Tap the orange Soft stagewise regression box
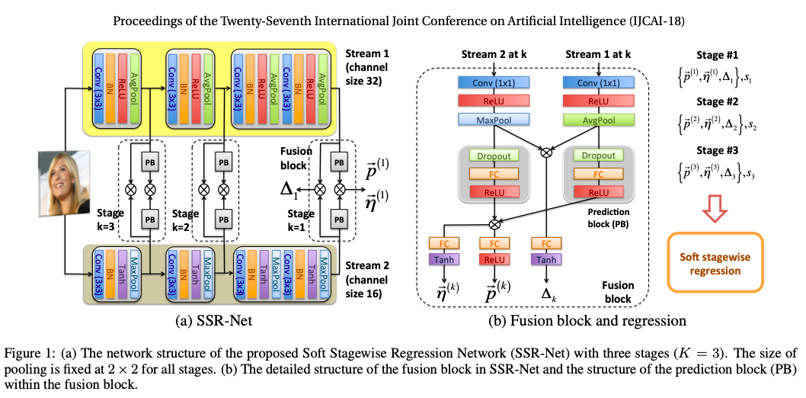tap(715, 262)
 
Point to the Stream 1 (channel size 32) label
tap(368, 66)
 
